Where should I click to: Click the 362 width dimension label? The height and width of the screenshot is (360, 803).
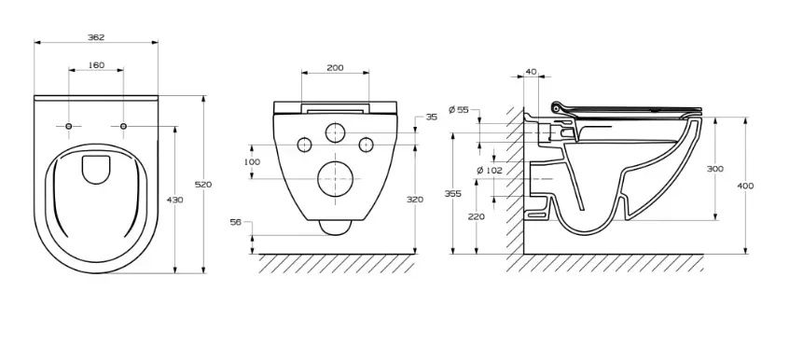[x=96, y=37]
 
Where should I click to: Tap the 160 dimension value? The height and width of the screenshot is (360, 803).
[x=96, y=65]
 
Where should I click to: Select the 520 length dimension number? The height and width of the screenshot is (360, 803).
[x=203, y=185]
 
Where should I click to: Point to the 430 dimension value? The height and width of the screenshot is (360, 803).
[x=175, y=200]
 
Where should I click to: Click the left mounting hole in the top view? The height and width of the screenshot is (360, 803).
[x=69, y=126]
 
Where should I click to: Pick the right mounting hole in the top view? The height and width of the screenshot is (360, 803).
[x=123, y=126]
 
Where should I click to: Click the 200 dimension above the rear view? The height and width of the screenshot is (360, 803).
[x=336, y=67]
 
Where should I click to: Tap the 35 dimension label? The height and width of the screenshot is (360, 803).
[x=432, y=117]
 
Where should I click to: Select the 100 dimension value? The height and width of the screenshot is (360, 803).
[x=252, y=162]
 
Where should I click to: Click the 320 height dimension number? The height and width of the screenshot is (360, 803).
[x=415, y=200]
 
